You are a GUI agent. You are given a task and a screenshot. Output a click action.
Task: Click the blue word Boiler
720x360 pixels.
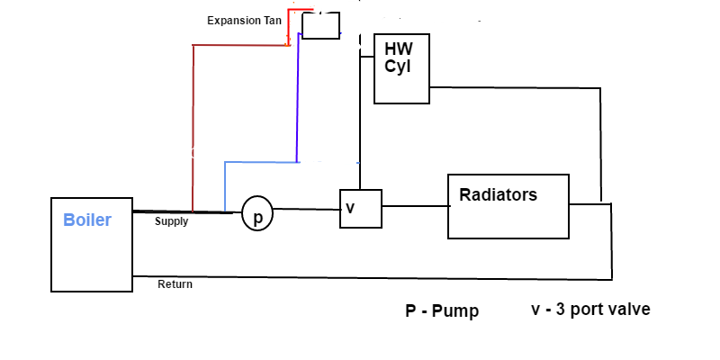87,220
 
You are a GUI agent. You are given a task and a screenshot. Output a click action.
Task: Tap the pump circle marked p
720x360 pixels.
257,215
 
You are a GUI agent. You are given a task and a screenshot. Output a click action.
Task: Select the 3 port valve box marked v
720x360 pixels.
360,209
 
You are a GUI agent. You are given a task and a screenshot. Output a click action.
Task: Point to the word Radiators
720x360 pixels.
498,195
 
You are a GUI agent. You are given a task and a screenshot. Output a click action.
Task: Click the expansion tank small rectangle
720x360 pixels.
320,25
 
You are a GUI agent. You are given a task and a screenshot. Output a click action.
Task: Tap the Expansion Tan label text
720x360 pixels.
244,20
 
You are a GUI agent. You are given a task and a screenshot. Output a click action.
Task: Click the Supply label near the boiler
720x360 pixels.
171,221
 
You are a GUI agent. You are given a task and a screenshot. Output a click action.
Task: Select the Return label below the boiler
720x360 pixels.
175,284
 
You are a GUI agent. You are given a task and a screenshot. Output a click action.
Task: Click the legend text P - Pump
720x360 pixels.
442,311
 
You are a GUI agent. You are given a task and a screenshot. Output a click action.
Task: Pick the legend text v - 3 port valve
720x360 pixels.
590,310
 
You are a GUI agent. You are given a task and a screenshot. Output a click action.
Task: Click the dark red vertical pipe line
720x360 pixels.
193,126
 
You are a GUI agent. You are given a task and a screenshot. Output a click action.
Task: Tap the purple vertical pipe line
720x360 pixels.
297,99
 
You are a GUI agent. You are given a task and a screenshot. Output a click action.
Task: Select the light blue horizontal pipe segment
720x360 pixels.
260,163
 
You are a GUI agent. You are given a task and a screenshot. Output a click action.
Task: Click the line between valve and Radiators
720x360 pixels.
415,206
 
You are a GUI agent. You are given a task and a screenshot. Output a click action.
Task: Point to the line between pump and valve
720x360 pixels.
306,211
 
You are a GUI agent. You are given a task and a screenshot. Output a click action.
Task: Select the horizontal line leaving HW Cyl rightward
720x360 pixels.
513,87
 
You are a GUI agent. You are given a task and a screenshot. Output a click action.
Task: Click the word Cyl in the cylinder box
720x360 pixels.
397,67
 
